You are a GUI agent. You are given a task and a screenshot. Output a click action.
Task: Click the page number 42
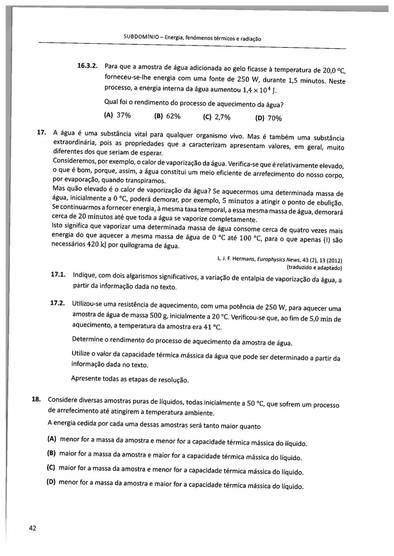[32, 528]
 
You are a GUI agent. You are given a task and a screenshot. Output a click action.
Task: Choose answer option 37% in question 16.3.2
[123, 115]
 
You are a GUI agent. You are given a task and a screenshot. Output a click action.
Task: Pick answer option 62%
[173, 116]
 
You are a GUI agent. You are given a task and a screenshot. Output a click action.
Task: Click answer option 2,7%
[222, 117]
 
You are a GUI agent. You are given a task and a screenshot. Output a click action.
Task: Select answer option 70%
[274, 118]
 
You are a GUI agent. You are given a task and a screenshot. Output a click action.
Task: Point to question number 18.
[36, 399]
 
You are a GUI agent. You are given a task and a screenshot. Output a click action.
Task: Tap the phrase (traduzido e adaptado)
[314, 268]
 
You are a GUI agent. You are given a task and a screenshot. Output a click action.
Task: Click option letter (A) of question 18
[52, 439]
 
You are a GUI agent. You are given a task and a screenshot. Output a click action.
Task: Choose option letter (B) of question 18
[51, 453]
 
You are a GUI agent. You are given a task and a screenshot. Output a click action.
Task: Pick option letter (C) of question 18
[51, 467]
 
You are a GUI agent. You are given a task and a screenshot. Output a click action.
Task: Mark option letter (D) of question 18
[51, 482]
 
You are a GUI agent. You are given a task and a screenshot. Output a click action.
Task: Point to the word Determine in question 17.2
[88, 339]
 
